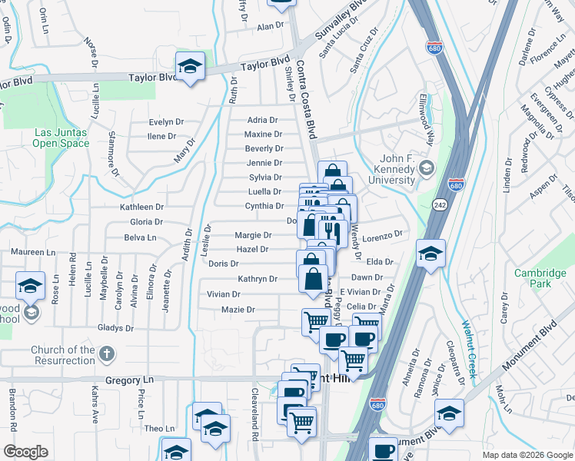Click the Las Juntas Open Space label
coord(60,137)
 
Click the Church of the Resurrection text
coord(63,356)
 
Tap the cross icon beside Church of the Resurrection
coord(106,355)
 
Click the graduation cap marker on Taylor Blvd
coord(190,67)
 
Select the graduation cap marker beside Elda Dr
coord(430,254)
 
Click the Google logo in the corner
coord(25,452)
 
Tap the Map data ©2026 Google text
coord(527,455)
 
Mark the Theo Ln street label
coord(160,429)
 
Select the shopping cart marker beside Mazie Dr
coord(315,322)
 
